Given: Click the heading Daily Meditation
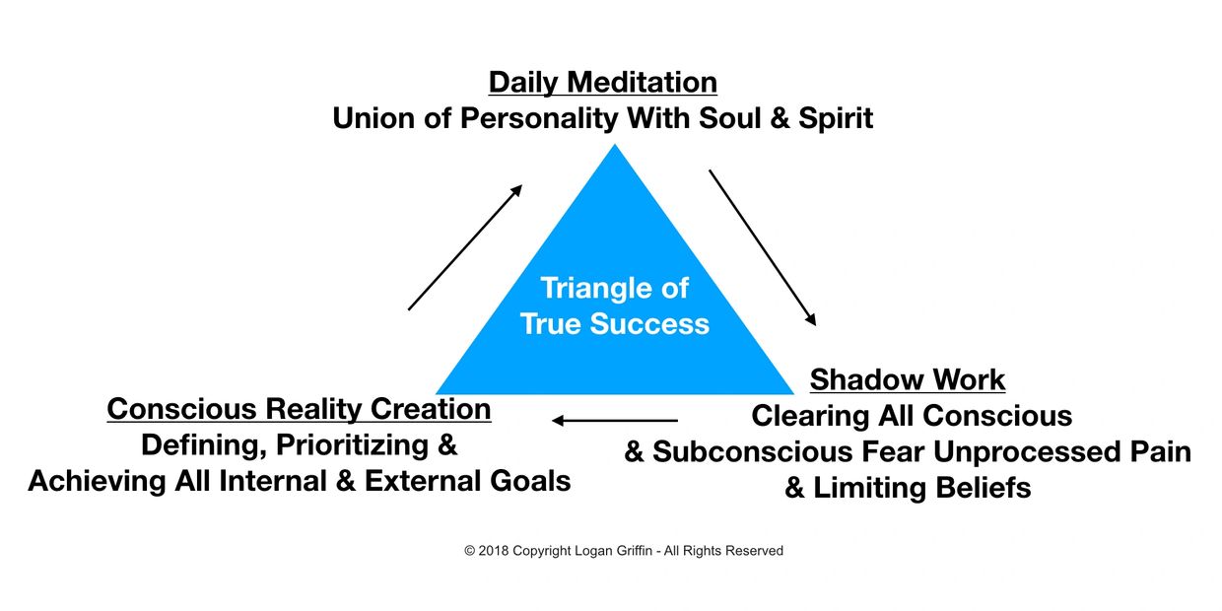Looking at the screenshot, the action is [x=603, y=83].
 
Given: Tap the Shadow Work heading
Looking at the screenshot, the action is [x=908, y=379].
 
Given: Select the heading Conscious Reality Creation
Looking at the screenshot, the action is [x=299, y=409].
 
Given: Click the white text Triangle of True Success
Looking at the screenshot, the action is [x=615, y=305].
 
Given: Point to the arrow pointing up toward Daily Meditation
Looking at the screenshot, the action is [x=465, y=247].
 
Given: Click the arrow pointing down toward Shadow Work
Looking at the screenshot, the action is [x=763, y=247].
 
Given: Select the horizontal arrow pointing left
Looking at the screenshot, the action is [x=615, y=421].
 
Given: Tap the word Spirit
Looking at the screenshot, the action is [x=836, y=119].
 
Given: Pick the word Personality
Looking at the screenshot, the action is [x=539, y=119].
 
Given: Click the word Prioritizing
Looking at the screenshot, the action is [x=353, y=445].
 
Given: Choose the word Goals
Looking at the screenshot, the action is [x=530, y=481].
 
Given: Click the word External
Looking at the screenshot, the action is [x=423, y=481].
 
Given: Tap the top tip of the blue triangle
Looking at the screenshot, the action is [x=615, y=144].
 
